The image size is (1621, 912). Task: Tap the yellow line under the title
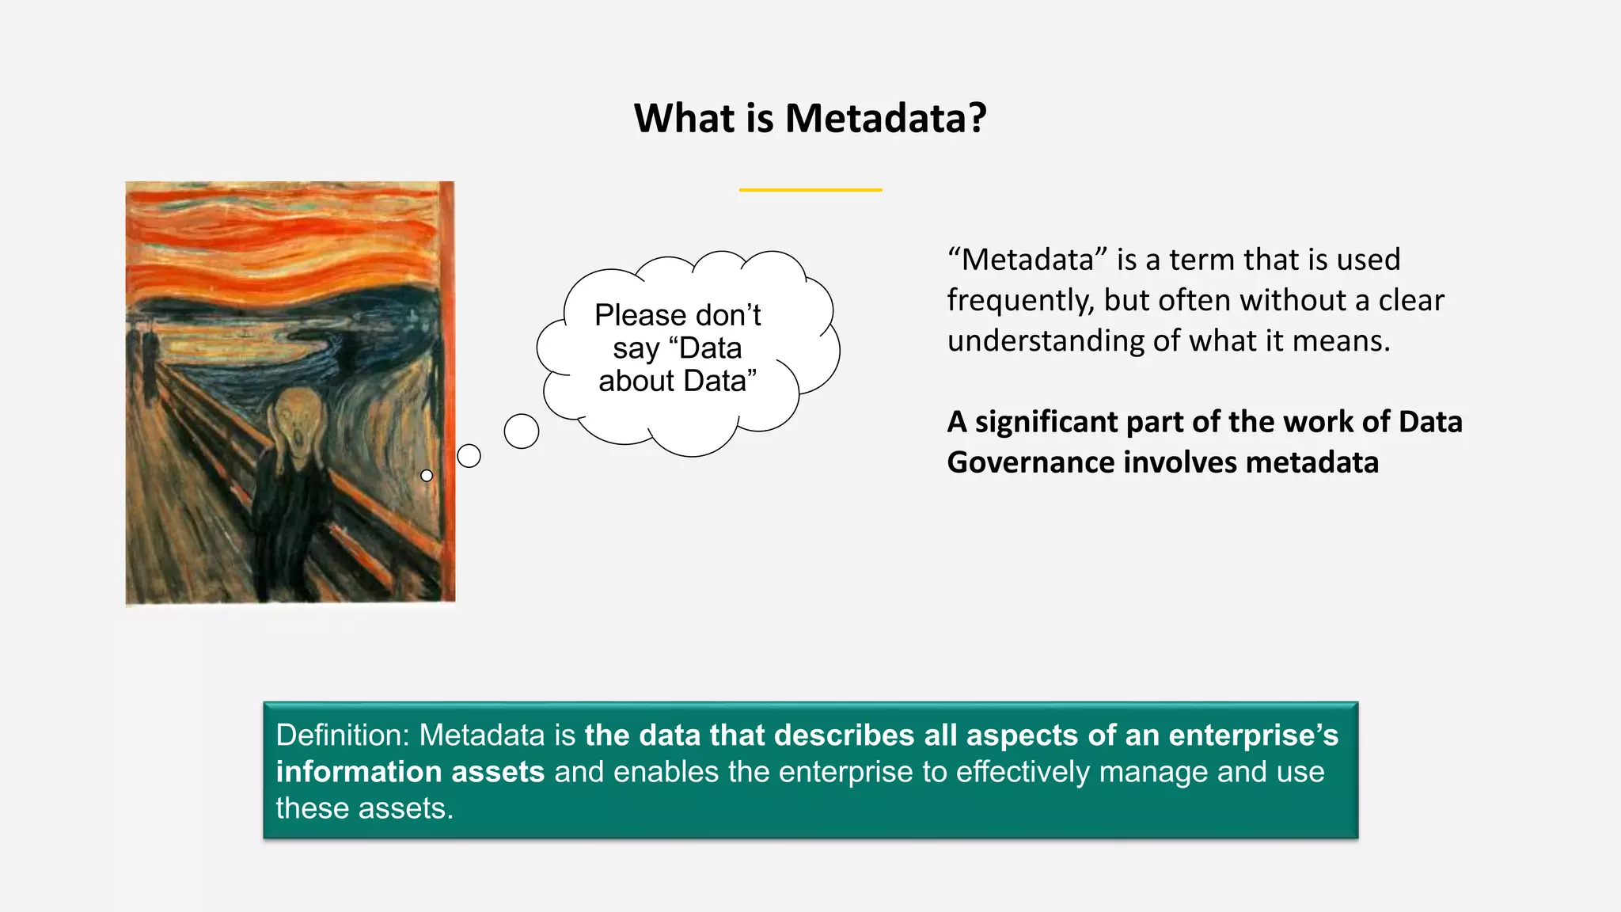click(x=810, y=190)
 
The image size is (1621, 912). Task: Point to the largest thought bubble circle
click(x=522, y=431)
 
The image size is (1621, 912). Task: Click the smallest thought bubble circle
click(x=427, y=476)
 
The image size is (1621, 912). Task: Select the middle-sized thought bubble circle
click(x=469, y=456)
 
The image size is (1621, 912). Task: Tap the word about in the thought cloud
click(x=636, y=382)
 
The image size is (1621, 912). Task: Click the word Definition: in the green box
click(x=342, y=735)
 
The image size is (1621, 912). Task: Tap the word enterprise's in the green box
click(x=1253, y=735)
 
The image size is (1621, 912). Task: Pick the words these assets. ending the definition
click(x=364, y=808)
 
